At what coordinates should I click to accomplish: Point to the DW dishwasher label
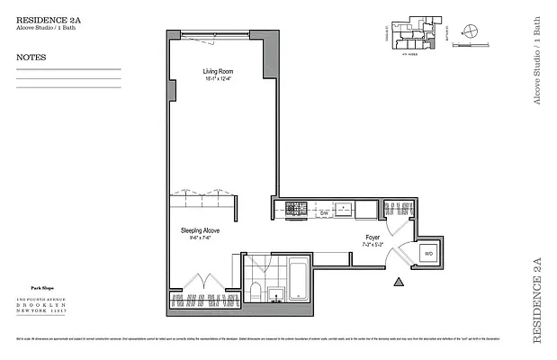pos(324,213)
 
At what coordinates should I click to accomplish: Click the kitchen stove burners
pos(297,209)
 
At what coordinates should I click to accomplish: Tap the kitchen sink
pos(343,209)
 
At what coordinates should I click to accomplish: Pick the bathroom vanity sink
pos(275,293)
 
